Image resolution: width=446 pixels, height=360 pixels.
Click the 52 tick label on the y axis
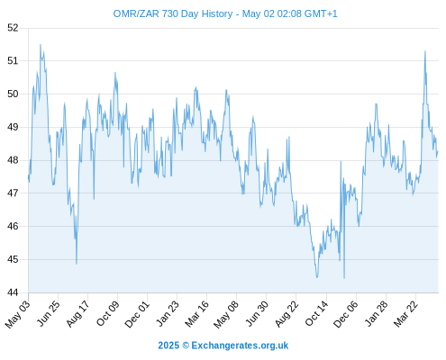[13, 28]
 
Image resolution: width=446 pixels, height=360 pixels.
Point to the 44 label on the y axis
[13, 292]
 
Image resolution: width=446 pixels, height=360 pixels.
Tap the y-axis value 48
[13, 160]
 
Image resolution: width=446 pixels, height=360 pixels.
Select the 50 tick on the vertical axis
[13, 94]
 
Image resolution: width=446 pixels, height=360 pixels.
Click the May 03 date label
[18, 314]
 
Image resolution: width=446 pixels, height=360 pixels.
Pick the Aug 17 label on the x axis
[77, 314]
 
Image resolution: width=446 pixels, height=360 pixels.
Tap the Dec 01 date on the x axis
[137, 314]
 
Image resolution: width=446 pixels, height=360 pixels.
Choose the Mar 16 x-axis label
[196, 314]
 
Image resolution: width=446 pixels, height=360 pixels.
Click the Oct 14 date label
[316, 314]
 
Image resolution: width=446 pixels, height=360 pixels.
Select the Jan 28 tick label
[376, 314]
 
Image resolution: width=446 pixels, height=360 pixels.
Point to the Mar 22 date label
[405, 314]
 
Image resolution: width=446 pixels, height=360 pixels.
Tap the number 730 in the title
[170, 13]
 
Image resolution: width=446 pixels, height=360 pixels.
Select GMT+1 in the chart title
[321, 13]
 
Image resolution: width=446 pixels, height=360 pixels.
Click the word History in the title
[217, 13]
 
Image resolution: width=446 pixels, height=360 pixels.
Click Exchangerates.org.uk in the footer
[240, 346]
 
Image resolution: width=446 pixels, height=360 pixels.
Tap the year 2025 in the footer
[168, 346]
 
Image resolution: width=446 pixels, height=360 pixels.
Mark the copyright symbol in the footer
[186, 346]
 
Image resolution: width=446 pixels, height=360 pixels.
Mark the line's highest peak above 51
[41, 45]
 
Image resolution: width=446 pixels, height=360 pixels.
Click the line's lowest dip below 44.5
[344, 278]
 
